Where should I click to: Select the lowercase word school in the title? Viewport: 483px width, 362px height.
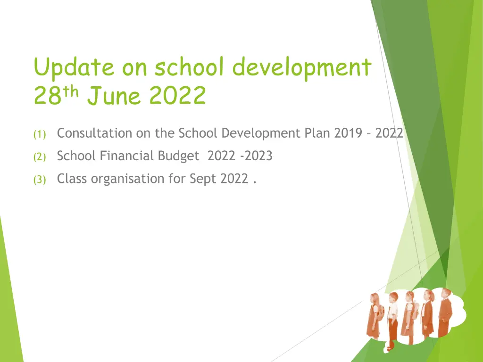point(189,66)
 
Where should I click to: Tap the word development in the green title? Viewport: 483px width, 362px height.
point(301,68)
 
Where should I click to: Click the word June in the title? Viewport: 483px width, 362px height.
point(114,95)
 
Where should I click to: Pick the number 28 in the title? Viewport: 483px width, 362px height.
point(48,95)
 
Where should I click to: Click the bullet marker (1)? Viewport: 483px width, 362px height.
point(40,134)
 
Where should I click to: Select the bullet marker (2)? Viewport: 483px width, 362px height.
point(40,157)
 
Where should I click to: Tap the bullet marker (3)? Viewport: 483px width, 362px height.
point(40,180)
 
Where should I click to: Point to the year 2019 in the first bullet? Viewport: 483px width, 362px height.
point(348,133)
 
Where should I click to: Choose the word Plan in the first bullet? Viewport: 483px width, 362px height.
point(317,133)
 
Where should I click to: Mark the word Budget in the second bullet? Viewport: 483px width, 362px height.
point(179,156)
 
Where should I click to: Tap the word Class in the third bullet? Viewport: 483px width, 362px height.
point(72,179)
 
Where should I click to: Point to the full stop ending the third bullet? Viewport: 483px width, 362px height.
point(254,182)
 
